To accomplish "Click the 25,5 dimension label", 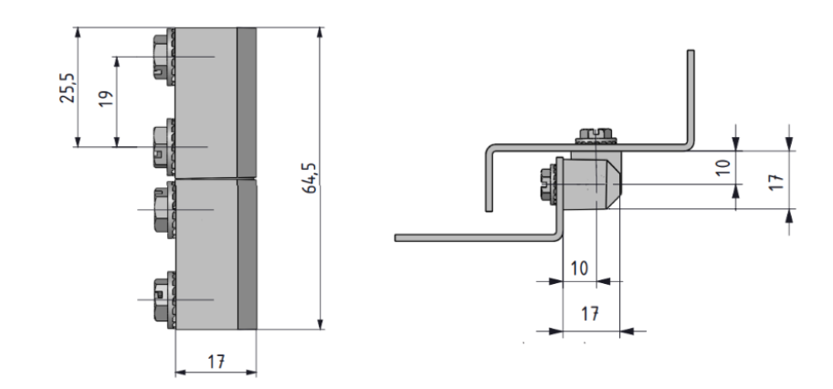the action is point(68,88).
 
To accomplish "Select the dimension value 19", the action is point(106,99).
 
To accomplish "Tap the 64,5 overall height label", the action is point(311,178).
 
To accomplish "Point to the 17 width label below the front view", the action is point(216,362).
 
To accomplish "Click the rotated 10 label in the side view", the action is point(723,167).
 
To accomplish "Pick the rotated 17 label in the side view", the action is point(776,183).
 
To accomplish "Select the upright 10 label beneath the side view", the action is point(580,268).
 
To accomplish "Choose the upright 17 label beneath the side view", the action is point(590,313).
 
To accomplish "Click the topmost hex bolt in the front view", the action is point(163,57).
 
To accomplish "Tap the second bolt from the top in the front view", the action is point(163,147).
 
